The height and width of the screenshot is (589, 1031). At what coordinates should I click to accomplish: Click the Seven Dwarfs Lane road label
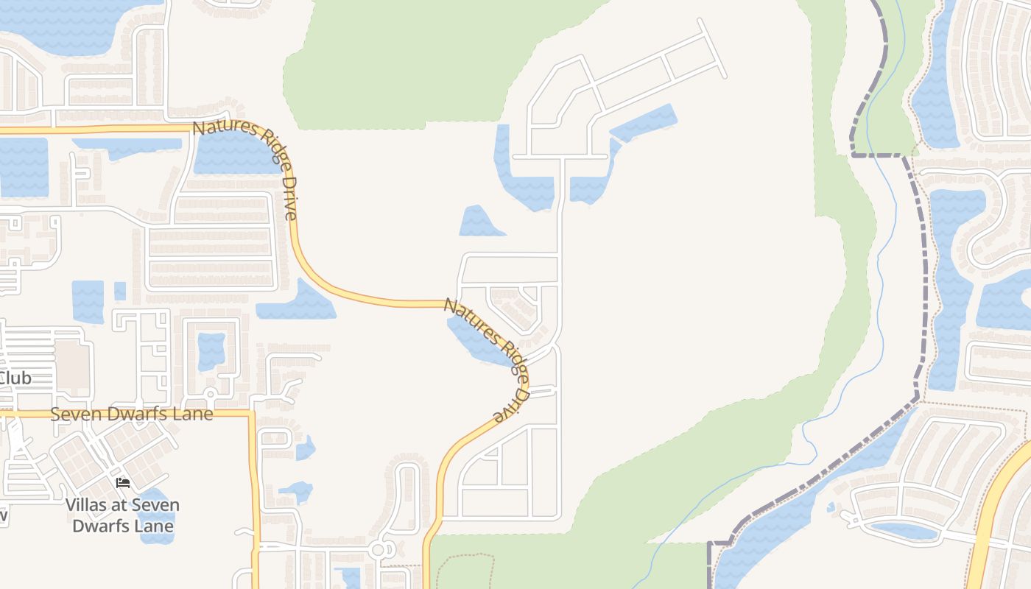tap(132, 414)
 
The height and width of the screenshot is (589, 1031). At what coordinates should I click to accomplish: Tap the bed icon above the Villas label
tap(123, 482)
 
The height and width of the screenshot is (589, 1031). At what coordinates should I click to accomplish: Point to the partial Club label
tap(15, 378)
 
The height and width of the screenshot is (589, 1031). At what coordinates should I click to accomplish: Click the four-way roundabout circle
tap(379, 549)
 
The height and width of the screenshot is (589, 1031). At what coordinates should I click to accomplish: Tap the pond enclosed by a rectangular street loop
tap(211, 351)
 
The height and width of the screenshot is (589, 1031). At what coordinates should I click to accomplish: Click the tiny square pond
tap(120, 292)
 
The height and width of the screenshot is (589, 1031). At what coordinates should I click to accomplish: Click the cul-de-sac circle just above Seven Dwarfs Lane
tap(209, 394)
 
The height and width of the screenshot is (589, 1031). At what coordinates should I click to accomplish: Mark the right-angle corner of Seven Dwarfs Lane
tap(253, 415)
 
